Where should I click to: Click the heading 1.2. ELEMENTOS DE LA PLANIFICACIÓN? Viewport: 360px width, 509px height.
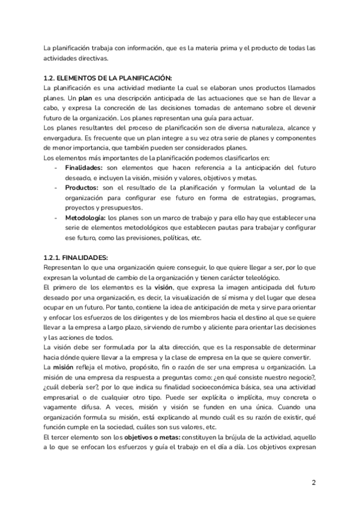pyautogui.click(x=108, y=79)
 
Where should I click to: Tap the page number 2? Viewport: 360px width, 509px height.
pyautogui.click(x=314, y=482)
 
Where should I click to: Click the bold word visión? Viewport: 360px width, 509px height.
pyautogui.click(x=164, y=289)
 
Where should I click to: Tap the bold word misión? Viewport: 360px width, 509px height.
pyautogui.click(x=63, y=367)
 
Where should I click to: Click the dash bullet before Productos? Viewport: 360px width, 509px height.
pyautogui.click(x=56, y=188)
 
